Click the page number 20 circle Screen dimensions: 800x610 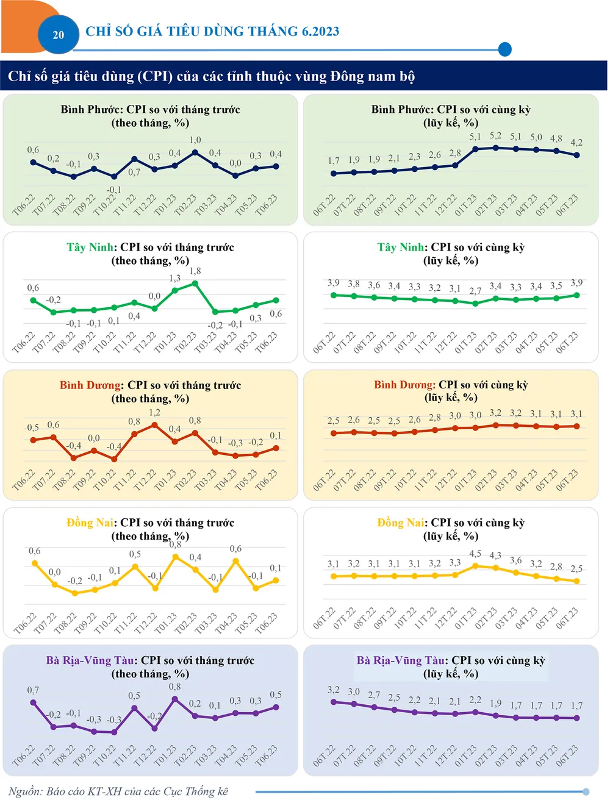(59, 35)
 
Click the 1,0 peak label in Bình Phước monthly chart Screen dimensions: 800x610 (195, 140)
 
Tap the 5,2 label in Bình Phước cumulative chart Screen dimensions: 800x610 (495, 136)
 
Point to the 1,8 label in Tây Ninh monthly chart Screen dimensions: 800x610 (195, 271)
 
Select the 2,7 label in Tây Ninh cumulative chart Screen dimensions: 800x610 (475, 291)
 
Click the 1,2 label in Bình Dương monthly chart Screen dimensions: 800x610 (155, 413)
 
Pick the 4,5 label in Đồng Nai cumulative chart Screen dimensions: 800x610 (475, 554)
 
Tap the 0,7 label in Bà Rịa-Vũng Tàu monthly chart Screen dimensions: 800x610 (33, 690)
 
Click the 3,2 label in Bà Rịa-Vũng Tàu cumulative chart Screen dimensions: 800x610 (334, 690)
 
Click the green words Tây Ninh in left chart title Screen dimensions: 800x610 (90, 248)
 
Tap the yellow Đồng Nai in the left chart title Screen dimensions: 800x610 (90, 523)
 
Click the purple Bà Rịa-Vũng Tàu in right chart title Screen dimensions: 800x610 (401, 660)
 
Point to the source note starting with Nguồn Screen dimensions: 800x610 (119, 791)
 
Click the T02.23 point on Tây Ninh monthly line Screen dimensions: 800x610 (195, 284)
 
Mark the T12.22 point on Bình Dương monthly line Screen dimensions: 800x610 (155, 425)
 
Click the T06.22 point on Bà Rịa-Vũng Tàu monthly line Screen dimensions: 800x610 (33, 702)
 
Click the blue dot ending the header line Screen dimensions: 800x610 (504, 49)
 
